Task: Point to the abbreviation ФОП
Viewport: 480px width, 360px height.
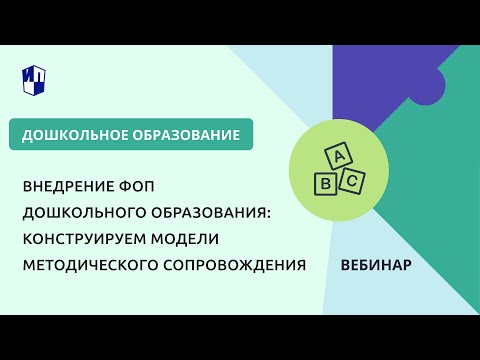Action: [139, 187]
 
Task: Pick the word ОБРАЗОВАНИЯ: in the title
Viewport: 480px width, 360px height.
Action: [213, 213]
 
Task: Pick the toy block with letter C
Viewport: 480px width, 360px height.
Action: [351, 181]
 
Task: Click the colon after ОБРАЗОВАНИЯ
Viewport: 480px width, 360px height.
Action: [270, 214]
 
